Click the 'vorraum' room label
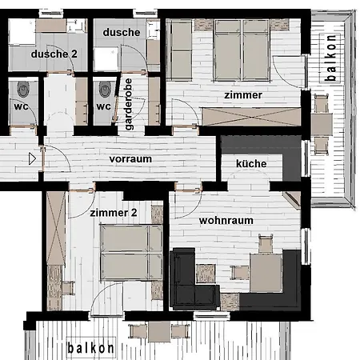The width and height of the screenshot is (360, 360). tap(130, 159)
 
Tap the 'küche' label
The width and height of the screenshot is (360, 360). tap(251, 163)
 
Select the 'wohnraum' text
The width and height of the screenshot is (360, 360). tap(226, 221)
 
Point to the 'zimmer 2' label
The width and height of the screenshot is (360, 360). tap(114, 213)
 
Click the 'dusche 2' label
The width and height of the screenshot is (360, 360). tap(54, 54)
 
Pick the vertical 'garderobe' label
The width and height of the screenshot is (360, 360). tap(129, 104)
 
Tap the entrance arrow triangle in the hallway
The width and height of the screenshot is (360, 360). tap(32, 159)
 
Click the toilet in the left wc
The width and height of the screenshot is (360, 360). tap(23, 89)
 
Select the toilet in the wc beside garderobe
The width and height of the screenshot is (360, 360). tap(106, 89)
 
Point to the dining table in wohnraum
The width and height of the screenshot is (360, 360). tap(266, 273)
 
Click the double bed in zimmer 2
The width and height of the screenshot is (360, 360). tap(132, 252)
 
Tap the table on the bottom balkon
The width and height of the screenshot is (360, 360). tap(159, 331)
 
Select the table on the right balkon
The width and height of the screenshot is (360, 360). tap(322, 124)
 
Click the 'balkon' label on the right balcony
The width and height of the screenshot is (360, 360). tap(330, 58)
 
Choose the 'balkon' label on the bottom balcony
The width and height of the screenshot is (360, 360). tap(90, 348)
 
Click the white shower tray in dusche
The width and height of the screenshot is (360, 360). tap(106, 59)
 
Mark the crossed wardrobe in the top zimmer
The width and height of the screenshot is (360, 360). tap(251, 117)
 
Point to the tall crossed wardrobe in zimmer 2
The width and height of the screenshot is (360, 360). tap(56, 228)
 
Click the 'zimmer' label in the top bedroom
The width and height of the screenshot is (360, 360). tap(243, 95)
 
